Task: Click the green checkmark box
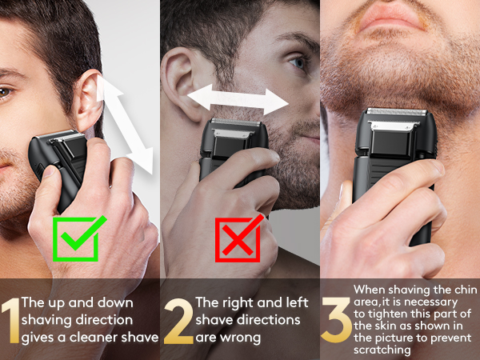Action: (76, 238)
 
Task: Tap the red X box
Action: (236, 238)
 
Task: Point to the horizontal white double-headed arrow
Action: (237, 100)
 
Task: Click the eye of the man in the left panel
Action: (4, 93)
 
